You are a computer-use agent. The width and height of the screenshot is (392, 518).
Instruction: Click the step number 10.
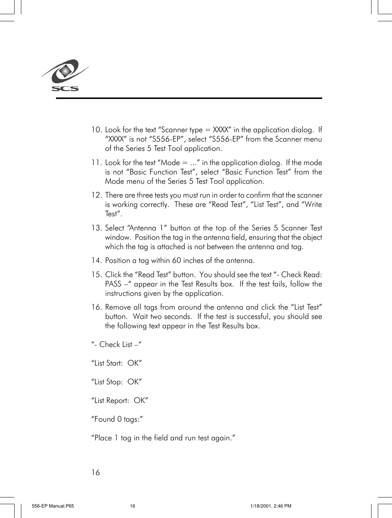(x=96, y=130)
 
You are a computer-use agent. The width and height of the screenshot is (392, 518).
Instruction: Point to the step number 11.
(x=96, y=163)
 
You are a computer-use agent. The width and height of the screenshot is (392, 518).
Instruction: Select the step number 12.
(x=96, y=195)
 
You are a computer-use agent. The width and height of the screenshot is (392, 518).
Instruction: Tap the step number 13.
(x=96, y=228)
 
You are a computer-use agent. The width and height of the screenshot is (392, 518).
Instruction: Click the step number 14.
(x=96, y=261)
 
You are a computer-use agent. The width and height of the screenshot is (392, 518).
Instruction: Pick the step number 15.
(x=96, y=275)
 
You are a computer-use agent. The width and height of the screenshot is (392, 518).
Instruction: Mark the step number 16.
(x=96, y=307)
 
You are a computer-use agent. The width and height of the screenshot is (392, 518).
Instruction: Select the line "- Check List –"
(x=116, y=345)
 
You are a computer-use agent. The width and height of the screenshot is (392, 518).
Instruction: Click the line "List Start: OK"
(x=116, y=363)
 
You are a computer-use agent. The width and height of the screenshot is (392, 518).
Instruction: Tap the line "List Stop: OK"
(x=116, y=382)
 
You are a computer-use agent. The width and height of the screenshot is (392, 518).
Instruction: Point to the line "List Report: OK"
(x=119, y=401)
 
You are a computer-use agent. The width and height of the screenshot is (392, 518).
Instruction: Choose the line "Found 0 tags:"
(x=117, y=419)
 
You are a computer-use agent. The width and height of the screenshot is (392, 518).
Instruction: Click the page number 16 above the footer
(x=96, y=472)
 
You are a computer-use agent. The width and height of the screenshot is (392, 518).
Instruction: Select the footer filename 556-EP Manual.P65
(x=53, y=506)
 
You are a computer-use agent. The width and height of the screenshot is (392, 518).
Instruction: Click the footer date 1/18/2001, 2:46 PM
(x=271, y=506)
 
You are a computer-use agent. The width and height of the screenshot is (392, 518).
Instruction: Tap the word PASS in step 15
(x=113, y=284)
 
